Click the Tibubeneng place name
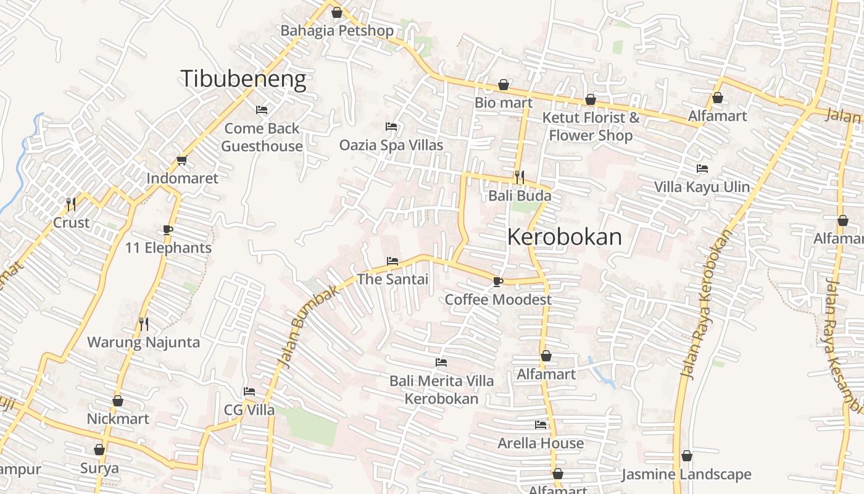pyautogui.click(x=243, y=79)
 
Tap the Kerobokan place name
pyautogui.click(x=565, y=237)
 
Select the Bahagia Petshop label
pyautogui.click(x=337, y=30)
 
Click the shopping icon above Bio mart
pyautogui.click(x=504, y=85)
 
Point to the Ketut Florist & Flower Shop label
pyautogui.click(x=591, y=126)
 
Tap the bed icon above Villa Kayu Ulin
pyautogui.click(x=702, y=169)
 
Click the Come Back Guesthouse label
pyautogui.click(x=262, y=137)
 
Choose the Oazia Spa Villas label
pyautogui.click(x=391, y=145)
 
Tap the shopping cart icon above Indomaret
pyautogui.click(x=181, y=161)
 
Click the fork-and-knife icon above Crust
pyautogui.click(x=71, y=204)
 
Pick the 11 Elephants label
pyautogui.click(x=168, y=248)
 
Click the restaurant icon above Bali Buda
pyautogui.click(x=519, y=177)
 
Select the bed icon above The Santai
pyautogui.click(x=392, y=261)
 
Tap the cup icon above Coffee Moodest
pyautogui.click(x=498, y=282)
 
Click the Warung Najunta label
pyautogui.click(x=143, y=342)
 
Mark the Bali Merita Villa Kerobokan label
pyautogui.click(x=441, y=390)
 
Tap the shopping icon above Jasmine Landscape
pyautogui.click(x=686, y=456)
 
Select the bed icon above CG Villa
pyautogui.click(x=249, y=391)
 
